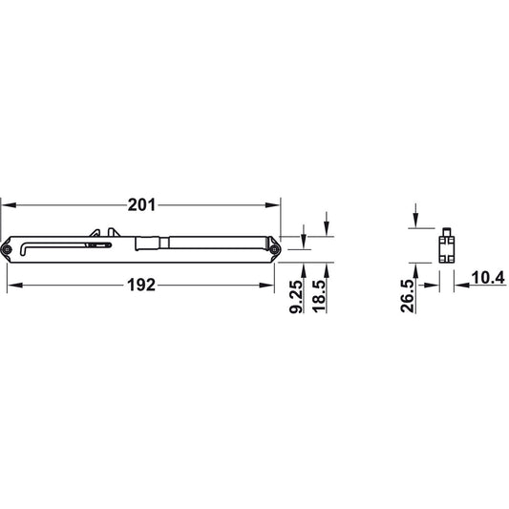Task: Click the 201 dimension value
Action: coord(141,205)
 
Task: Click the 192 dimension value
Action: coord(141,286)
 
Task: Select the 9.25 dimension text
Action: coord(296,297)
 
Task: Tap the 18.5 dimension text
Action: coord(319,296)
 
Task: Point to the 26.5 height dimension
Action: coord(408,296)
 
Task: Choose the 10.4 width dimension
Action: coord(488,278)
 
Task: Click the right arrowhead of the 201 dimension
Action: coord(272,205)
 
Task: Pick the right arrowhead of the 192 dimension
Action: coord(266,286)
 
